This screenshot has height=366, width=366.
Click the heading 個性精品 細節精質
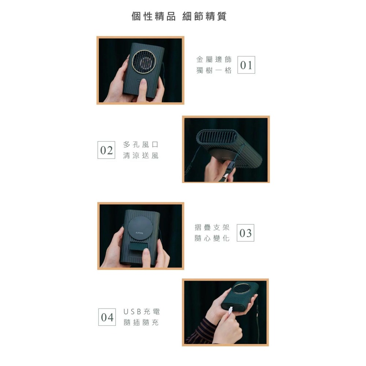[179, 16]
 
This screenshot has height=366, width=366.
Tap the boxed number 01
[246, 65]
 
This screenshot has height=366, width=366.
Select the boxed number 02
[107, 150]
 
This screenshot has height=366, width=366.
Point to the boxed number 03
[246, 233]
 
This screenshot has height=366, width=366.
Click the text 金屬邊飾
[214, 59]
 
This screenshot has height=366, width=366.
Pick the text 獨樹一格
[214, 71]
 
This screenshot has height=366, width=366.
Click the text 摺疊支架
[212, 227]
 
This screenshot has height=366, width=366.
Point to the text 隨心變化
[212, 239]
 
